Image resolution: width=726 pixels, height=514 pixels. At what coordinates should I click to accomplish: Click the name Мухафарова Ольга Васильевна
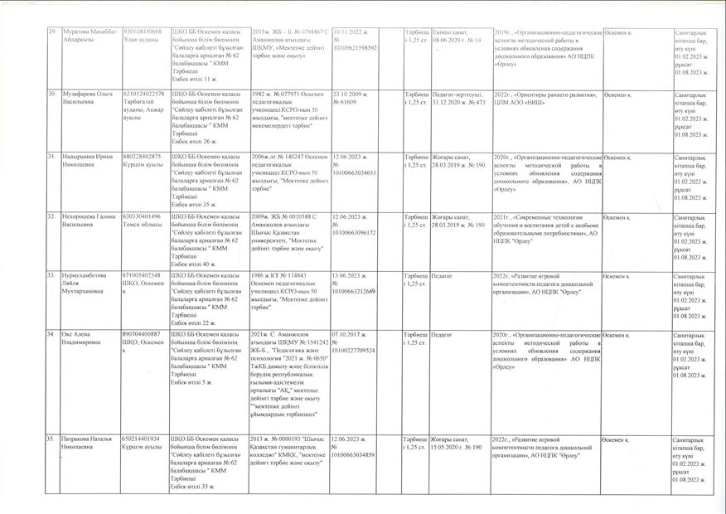(x=85, y=99)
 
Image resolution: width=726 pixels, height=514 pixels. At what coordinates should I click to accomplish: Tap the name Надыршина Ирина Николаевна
(x=85, y=160)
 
